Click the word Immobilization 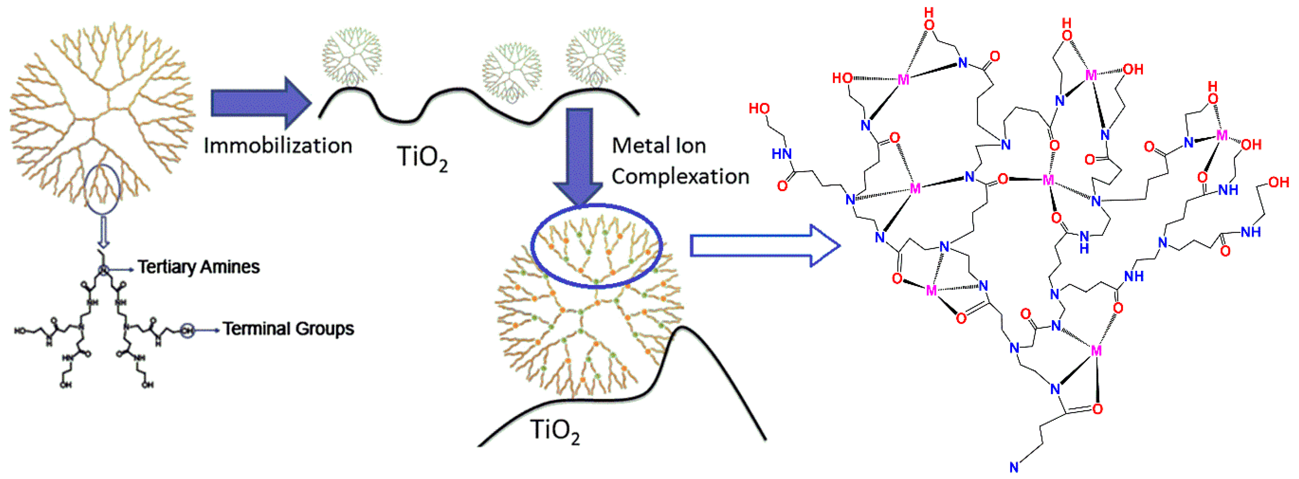coord(277,146)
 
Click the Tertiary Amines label coord(199,266)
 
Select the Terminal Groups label coord(288,329)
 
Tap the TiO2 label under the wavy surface coord(422,157)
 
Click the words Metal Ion coord(659,146)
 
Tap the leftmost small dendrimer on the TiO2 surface coord(352,55)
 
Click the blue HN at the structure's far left coord(781,154)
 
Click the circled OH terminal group coord(187,330)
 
